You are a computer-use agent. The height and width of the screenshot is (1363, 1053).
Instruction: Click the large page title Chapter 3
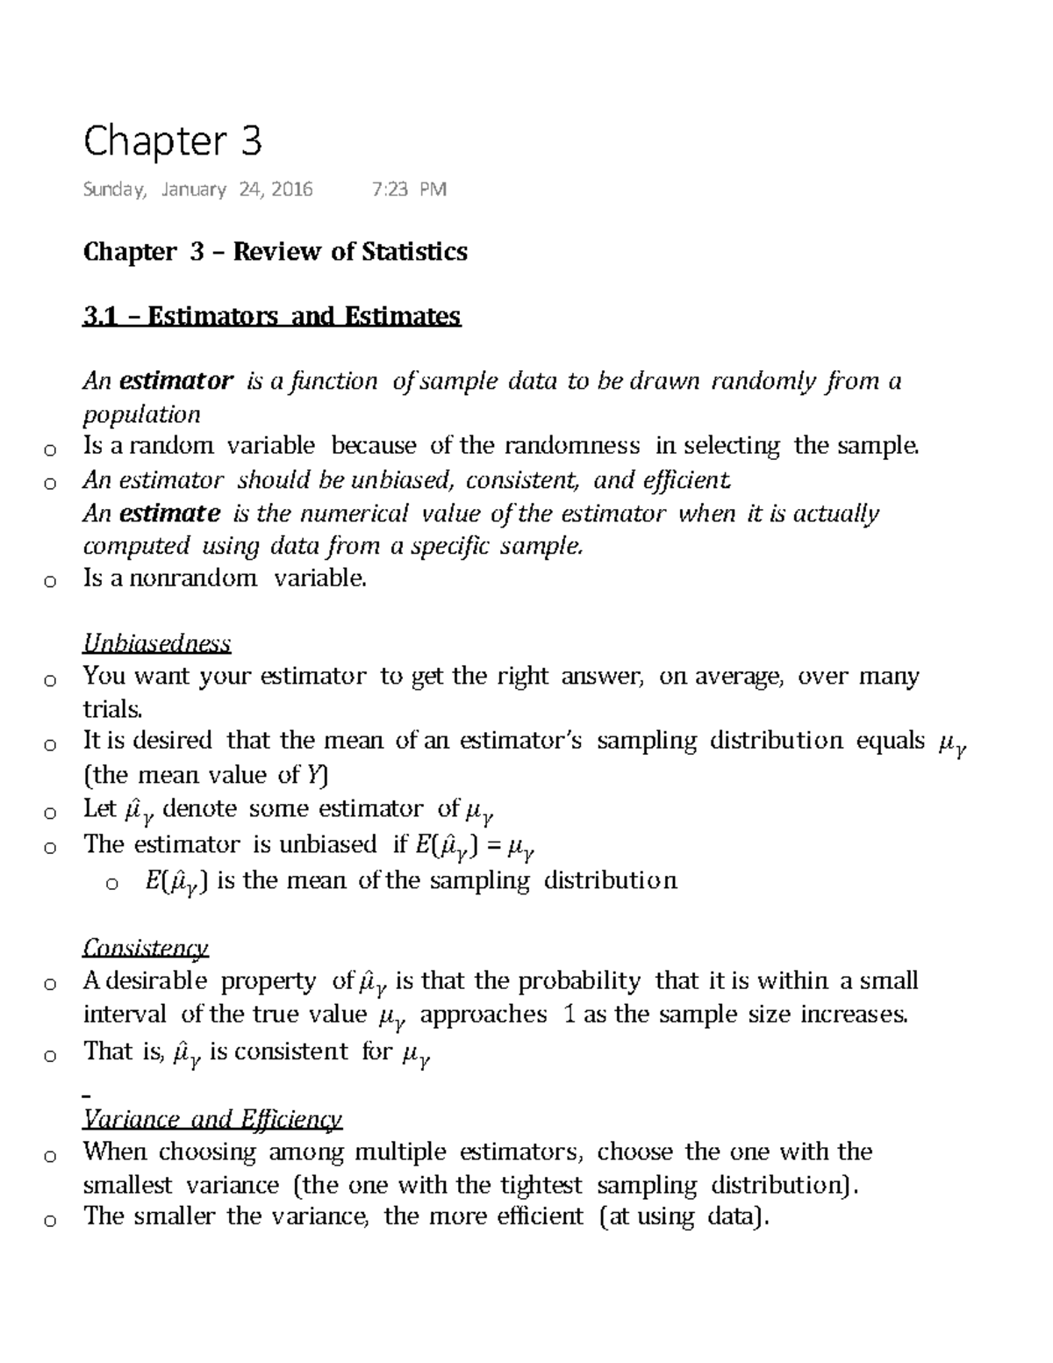(172, 142)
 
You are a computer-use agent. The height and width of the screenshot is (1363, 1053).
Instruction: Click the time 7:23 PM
(409, 190)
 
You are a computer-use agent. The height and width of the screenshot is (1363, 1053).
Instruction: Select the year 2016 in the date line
(291, 190)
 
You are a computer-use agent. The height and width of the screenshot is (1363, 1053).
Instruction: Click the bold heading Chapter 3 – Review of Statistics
(275, 252)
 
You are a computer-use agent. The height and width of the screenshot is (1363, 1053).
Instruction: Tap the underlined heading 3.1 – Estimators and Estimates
(271, 316)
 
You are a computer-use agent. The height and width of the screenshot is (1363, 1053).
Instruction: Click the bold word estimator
(175, 381)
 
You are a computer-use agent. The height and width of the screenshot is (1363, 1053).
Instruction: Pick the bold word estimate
(169, 513)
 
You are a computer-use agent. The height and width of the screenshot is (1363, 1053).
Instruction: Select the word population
(141, 414)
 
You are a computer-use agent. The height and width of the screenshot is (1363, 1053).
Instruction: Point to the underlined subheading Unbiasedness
(156, 643)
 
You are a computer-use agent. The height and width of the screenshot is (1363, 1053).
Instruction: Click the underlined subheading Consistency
(146, 948)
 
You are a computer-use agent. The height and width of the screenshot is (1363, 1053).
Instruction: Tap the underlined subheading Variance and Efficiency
(211, 1119)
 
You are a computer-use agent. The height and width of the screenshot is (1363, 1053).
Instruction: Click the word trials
(111, 709)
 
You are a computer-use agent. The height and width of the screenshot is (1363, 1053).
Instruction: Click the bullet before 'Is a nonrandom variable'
(50, 581)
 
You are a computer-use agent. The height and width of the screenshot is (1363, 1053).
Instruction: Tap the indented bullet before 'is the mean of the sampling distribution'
(111, 884)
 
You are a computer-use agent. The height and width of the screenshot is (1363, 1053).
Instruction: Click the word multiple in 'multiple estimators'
(400, 1151)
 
